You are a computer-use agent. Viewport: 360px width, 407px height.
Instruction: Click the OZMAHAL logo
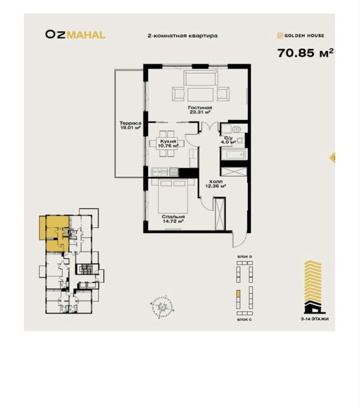click(75, 34)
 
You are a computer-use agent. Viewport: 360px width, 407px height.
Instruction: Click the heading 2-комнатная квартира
click(183, 36)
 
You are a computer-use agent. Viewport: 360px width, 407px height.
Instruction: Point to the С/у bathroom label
click(228, 139)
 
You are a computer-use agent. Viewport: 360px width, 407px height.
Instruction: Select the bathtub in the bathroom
click(234, 154)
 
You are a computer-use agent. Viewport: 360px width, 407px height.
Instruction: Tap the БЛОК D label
click(244, 256)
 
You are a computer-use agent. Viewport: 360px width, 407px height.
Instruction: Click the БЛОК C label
click(244, 320)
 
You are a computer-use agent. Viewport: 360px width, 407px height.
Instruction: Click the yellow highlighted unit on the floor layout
click(54, 231)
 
